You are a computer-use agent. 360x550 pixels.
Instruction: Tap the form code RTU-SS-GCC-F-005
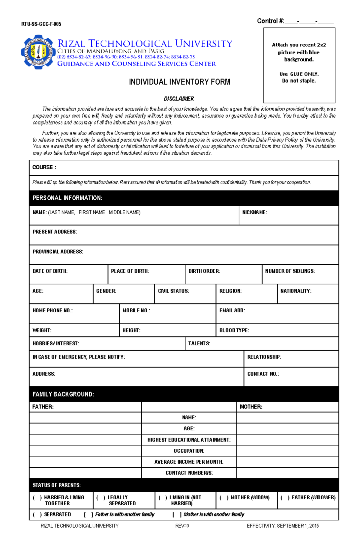pyautogui.click(x=41, y=24)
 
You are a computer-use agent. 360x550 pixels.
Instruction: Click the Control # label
pyautogui.click(x=270, y=21)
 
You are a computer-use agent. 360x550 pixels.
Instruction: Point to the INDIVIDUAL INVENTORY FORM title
pyautogui.click(x=179, y=82)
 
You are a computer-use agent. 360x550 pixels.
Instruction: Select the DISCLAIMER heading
pyautogui.click(x=179, y=99)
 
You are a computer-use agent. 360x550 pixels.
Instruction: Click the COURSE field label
pyautogui.click(x=44, y=167)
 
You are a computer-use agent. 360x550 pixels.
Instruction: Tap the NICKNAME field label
pyautogui.click(x=254, y=212)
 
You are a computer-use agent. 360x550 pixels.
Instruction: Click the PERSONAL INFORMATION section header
pyautogui.click(x=67, y=198)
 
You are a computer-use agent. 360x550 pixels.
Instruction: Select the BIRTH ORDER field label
pyautogui.click(x=204, y=271)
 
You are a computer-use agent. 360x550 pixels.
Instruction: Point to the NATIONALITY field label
pyautogui.click(x=296, y=291)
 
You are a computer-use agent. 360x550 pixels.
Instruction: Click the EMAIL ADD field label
pyautogui.click(x=232, y=311)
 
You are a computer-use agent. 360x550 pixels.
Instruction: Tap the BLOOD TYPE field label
pyautogui.click(x=234, y=330)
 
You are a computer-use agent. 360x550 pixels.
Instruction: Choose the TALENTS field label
pyautogui.click(x=199, y=343)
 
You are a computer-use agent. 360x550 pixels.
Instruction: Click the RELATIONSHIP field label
pyautogui.click(x=264, y=357)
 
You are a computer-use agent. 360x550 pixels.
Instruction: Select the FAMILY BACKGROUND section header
pyautogui.click(x=63, y=394)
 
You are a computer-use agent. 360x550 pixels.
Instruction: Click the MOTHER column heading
pyautogui.click(x=251, y=407)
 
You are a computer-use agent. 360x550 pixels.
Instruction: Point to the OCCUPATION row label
pyautogui.click(x=189, y=451)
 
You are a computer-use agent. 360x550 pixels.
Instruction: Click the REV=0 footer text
pyautogui.click(x=182, y=526)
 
